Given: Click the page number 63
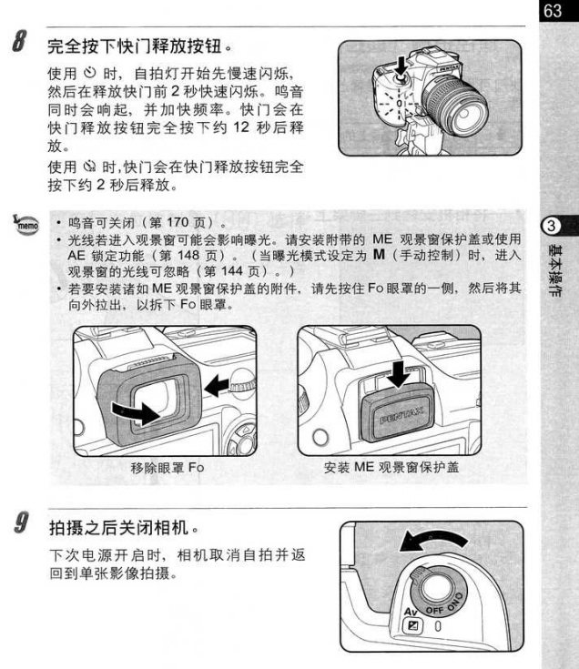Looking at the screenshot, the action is click(553, 10).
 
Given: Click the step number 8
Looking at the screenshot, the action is click(19, 41).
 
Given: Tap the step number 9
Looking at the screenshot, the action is click(20, 522).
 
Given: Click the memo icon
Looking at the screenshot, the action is click(25, 223).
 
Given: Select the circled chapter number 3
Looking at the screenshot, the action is click(551, 226).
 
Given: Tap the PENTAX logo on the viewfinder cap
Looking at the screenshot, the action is click(401, 415).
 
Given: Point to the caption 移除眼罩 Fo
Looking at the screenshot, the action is click(168, 468).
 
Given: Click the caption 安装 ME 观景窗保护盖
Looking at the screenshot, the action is click(391, 467).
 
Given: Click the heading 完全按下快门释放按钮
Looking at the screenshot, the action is click(135, 46).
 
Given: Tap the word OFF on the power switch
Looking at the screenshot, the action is click(435, 610).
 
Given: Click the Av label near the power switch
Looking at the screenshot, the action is click(410, 612).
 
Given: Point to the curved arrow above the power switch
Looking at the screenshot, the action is click(432, 541).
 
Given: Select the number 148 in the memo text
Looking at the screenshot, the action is click(188, 255).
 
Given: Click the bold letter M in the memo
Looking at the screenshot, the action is click(379, 255).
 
